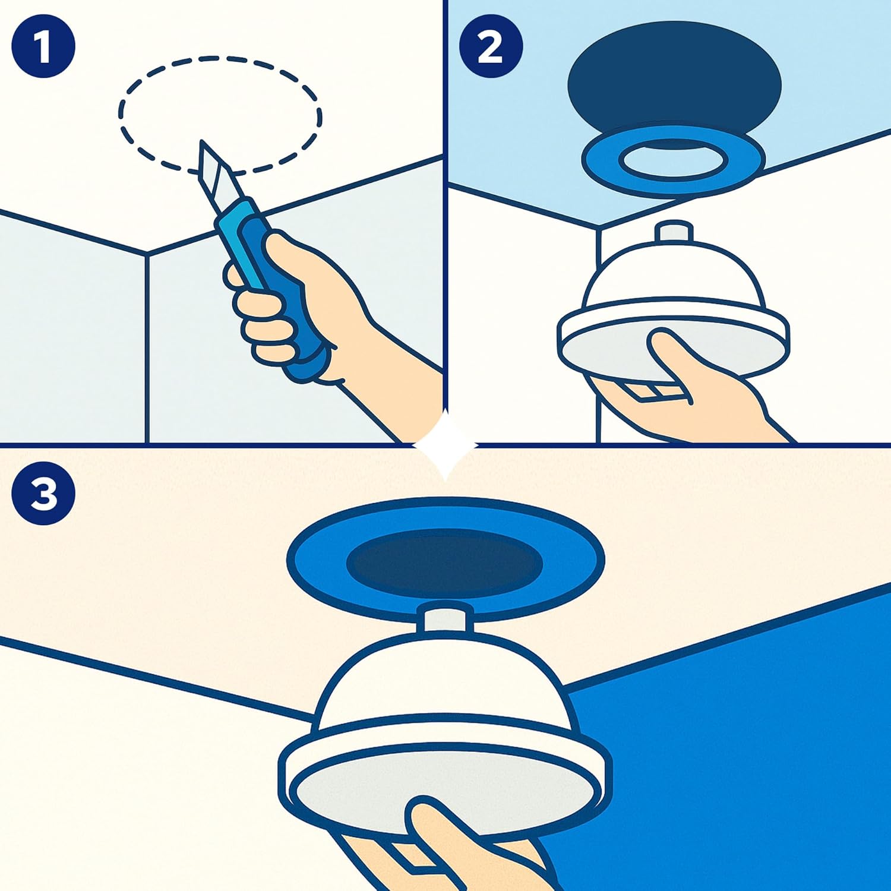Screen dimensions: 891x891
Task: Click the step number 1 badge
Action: pyautogui.click(x=43, y=46)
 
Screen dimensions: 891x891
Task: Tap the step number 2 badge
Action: pyautogui.click(x=491, y=46)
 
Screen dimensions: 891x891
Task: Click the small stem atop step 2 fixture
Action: pyautogui.click(x=674, y=232)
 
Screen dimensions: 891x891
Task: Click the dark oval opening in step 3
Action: pyautogui.click(x=444, y=562)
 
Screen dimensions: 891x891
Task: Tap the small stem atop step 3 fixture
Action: pyautogui.click(x=445, y=618)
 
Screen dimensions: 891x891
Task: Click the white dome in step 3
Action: pyautogui.click(x=444, y=683)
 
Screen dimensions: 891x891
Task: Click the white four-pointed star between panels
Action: pyautogui.click(x=445, y=444)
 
